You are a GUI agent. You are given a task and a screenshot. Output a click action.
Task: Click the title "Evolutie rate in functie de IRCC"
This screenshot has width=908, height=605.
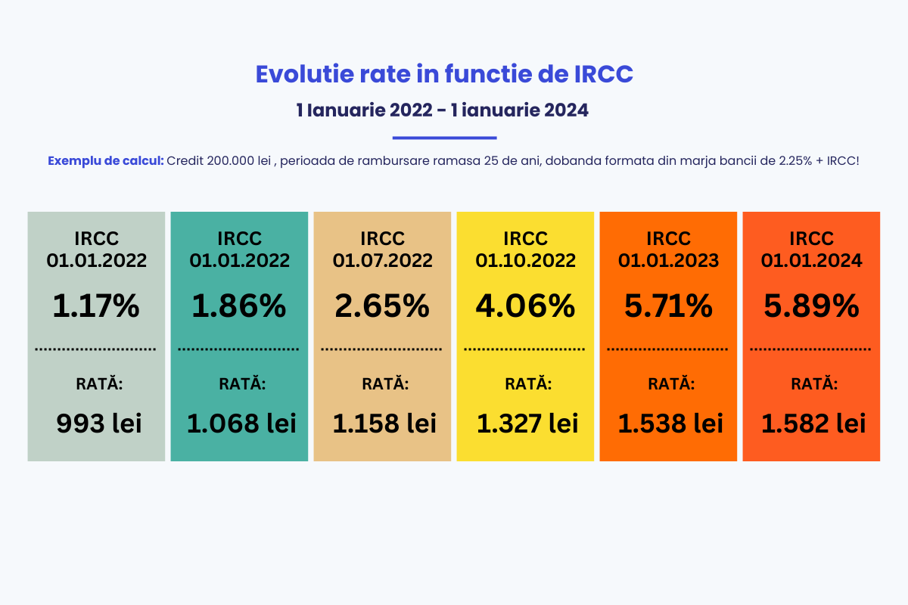pos(444,74)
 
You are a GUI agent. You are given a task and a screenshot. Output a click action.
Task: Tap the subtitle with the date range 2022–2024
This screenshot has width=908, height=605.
pos(443,110)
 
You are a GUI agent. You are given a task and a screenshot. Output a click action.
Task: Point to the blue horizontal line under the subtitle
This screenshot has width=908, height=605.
pos(444,138)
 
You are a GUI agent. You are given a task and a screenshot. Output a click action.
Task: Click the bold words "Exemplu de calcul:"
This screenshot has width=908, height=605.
pos(105,161)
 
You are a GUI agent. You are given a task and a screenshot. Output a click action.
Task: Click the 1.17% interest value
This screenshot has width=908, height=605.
pos(96,306)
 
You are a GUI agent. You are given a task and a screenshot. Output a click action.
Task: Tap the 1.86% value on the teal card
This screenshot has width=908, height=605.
pos(239,306)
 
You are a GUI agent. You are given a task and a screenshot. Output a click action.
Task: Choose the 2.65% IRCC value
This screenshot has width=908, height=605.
pos(382,306)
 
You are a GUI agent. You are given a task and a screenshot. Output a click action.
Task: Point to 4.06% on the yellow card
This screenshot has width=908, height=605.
pos(525,306)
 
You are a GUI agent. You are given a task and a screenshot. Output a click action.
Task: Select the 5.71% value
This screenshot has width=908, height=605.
pos(668,306)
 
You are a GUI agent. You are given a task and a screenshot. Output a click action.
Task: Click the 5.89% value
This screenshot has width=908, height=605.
pos(811,306)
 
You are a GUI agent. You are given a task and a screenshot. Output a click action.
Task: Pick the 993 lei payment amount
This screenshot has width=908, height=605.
pos(99,423)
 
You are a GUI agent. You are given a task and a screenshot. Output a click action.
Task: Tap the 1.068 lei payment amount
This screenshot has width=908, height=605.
pos(241,423)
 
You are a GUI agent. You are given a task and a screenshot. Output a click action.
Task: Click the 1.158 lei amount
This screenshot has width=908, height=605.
pos(384,423)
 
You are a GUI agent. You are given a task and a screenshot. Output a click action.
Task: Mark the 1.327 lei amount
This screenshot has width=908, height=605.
pos(527,423)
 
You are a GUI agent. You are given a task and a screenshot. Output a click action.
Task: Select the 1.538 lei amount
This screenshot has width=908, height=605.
pos(670,423)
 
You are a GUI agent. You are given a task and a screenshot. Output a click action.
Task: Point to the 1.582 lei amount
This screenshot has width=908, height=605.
pos(813,423)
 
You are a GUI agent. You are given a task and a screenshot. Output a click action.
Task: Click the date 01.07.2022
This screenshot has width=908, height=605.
pos(382,261)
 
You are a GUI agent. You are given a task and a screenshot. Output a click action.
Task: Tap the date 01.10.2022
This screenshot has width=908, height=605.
pos(525,261)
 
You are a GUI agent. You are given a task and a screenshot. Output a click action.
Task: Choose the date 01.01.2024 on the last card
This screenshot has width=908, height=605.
pos(811,261)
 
